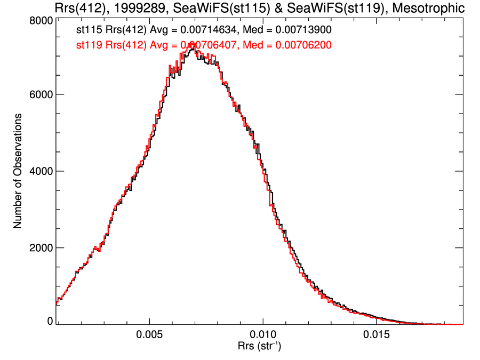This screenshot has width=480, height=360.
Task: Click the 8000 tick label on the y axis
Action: pyautogui.click(x=41, y=20)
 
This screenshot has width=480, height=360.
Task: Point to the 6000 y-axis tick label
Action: pyautogui.click(x=41, y=94)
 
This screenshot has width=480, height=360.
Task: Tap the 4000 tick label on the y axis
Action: pyautogui.click(x=41, y=171)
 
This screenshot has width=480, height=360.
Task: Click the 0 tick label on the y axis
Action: pyautogui.click(x=50, y=321)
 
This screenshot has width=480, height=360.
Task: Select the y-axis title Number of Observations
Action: pyautogui.click(x=18, y=171)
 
